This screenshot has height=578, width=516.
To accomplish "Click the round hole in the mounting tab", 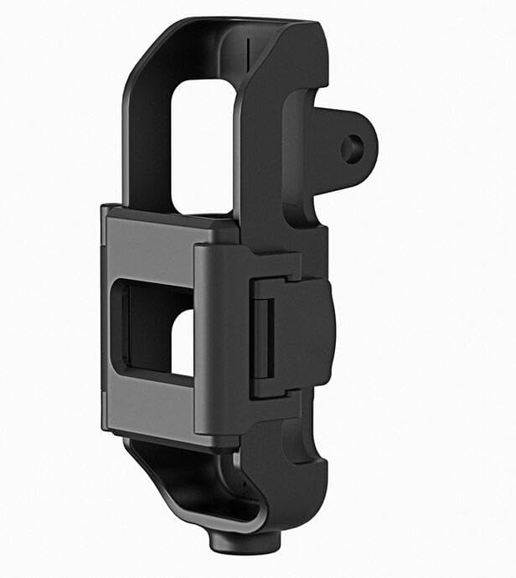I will [x=352, y=149].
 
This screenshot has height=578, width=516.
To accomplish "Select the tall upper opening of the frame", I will [x=201, y=142].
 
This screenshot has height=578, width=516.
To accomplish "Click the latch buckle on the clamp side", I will [x=293, y=335].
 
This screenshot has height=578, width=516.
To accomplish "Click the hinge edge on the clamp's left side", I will [x=106, y=318].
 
